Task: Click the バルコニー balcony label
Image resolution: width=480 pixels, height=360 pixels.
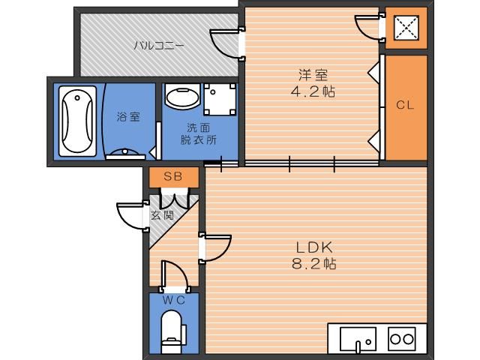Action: (159, 46)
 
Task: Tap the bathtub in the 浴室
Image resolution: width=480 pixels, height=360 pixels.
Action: (77, 121)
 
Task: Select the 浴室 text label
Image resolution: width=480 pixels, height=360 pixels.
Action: (128, 117)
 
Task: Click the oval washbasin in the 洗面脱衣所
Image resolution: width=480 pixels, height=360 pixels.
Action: (182, 97)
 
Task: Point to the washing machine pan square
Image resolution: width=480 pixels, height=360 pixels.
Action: (220, 99)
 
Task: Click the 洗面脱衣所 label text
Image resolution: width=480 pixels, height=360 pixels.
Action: (199, 133)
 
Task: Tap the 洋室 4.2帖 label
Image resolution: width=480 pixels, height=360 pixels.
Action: (313, 83)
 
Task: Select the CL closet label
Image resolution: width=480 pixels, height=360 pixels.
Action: (405, 105)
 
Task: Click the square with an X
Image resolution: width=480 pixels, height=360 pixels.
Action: (406, 28)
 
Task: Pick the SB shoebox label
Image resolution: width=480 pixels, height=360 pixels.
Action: (173, 176)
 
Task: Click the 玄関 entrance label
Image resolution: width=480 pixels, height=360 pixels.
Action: (162, 215)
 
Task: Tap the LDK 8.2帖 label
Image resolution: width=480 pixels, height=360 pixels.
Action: (313, 255)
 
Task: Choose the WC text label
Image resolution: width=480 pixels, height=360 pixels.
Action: (173, 300)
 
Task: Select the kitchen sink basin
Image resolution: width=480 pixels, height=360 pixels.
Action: (358, 339)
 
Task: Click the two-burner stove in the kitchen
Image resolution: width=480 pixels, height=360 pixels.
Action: (402, 339)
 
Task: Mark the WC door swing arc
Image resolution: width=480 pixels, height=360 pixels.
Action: (181, 269)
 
